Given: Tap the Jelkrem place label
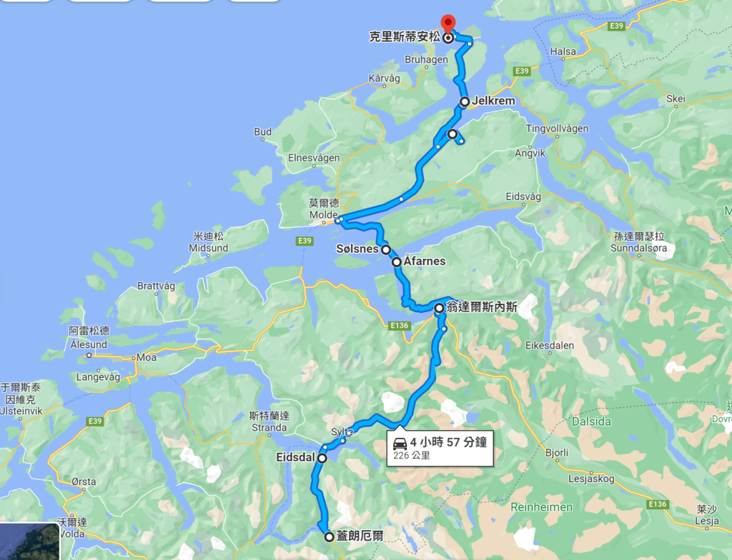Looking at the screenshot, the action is (x=493, y=101).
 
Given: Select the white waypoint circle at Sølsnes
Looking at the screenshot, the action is (x=385, y=250).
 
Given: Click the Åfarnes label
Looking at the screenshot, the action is (x=425, y=261).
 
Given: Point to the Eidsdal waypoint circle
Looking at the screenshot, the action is (x=322, y=458).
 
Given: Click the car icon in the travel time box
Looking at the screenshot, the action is (x=400, y=442).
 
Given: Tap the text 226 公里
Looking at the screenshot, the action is (x=412, y=455).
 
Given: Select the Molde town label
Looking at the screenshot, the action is (x=322, y=215).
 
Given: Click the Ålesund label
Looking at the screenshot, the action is (x=89, y=344).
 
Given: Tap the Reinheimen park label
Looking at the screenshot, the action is (x=542, y=506).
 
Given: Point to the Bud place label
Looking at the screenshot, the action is (x=262, y=132).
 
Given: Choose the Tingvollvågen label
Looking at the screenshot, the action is (x=557, y=129).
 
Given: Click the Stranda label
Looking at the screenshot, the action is (x=269, y=428).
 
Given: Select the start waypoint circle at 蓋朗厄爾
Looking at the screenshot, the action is (x=329, y=536).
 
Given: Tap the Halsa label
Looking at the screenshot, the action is (x=563, y=51).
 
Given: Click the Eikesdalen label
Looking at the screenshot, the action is (x=550, y=345).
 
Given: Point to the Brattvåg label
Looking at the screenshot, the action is (x=156, y=286).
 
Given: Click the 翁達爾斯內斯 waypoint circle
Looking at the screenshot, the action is (x=439, y=308).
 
